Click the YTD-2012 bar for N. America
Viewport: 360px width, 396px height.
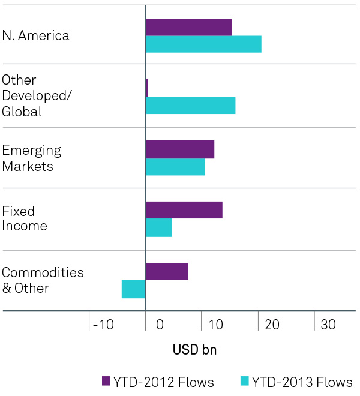pyautogui.click(x=189, y=27)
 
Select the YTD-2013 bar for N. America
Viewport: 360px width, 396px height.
pyautogui.click(x=203, y=44)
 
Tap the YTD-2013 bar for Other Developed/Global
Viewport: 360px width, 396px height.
pyautogui.click(x=190, y=106)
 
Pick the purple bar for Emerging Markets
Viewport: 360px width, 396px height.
pyautogui.click(x=180, y=149)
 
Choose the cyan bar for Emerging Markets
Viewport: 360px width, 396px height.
pyautogui.click(x=175, y=167)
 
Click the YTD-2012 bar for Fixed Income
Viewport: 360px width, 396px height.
pyautogui.click(x=184, y=210)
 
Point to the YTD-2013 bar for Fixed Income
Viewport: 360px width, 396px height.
pyautogui.click(x=159, y=228)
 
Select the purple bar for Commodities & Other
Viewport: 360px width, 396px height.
pyautogui.click(x=167, y=271)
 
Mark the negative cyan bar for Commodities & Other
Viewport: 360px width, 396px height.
pyautogui.click(x=133, y=289)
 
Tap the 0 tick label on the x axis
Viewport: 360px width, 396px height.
pyautogui.click(x=160, y=325)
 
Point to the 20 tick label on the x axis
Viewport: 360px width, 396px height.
pyautogui.click(x=272, y=325)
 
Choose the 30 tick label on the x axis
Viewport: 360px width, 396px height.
pyautogui.click(x=328, y=325)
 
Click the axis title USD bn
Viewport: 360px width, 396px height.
pyautogui.click(x=194, y=350)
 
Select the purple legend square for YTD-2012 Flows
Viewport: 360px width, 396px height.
pyautogui.click(x=106, y=381)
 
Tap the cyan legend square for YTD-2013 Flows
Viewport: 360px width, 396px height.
pyautogui.click(x=245, y=381)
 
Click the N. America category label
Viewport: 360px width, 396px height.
pyautogui.click(x=36, y=35)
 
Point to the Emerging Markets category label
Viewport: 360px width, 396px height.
pyautogui.click(x=32, y=158)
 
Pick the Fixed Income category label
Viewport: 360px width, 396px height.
pyautogui.click(x=25, y=218)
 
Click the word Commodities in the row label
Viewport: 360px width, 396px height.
pyautogui.click(x=43, y=272)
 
